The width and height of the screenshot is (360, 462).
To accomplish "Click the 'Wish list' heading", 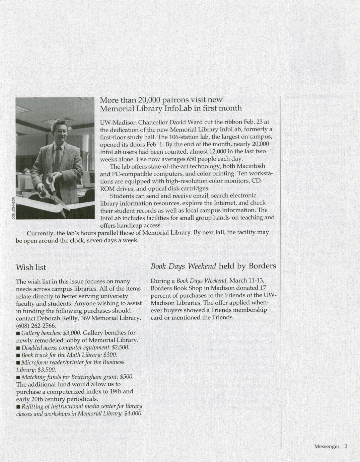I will [x=31, y=267].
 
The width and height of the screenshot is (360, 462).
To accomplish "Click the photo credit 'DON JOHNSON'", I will [x=14, y=207].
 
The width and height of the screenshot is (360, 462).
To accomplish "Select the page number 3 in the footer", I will [x=346, y=446].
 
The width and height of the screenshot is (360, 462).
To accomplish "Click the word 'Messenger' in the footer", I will [x=327, y=446].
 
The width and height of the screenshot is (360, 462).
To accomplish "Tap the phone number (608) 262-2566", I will [x=36, y=326].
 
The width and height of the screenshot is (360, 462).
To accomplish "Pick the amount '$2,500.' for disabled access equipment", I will [x=120, y=348].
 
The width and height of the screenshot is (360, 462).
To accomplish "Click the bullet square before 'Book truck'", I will [x=18, y=355].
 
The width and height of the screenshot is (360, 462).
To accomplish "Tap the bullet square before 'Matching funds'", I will [x=18, y=377].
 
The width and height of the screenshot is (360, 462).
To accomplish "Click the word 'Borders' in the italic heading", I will [x=262, y=266].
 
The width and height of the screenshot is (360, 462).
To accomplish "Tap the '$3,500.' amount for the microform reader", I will [x=46, y=370].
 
